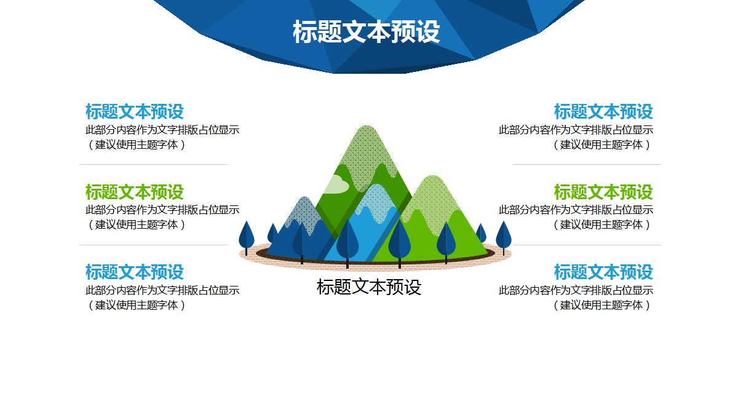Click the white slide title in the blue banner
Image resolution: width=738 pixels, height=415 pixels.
[x=367, y=33]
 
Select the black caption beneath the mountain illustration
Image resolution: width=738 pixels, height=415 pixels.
[x=369, y=287]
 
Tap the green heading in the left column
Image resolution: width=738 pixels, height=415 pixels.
[x=134, y=192]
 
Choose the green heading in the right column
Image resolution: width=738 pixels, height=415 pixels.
[x=603, y=192]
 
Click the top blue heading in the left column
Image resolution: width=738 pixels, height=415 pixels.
[x=134, y=112]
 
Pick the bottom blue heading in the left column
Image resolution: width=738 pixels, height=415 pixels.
[x=134, y=272]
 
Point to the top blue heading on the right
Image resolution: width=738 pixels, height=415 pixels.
[x=603, y=112]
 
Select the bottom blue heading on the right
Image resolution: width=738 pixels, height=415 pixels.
[x=603, y=272]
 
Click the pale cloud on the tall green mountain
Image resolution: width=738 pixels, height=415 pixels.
[x=336, y=184]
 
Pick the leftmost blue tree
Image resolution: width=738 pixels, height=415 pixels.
[x=246, y=235]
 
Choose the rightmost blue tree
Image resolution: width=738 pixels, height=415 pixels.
[x=504, y=235]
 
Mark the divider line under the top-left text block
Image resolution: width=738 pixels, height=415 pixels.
[x=153, y=164]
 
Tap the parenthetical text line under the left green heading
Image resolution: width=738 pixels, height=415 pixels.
[x=136, y=224]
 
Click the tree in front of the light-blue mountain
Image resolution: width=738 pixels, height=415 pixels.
[x=347, y=240]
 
